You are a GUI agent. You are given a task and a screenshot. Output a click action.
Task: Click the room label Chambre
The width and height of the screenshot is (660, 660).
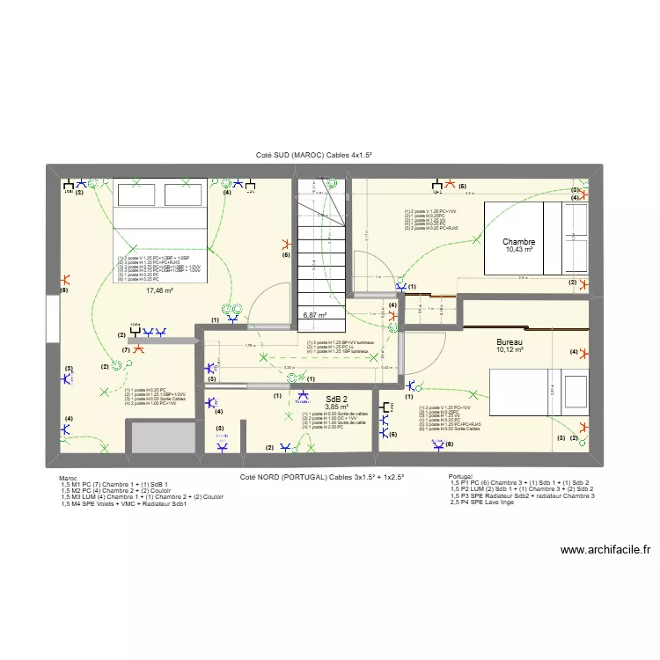click(519, 242)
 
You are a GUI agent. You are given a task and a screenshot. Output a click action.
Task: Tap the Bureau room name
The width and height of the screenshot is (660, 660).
click(510, 341)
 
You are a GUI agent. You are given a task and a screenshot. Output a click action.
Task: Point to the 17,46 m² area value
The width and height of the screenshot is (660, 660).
click(159, 290)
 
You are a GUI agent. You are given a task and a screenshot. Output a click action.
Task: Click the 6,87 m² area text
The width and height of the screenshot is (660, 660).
click(315, 314)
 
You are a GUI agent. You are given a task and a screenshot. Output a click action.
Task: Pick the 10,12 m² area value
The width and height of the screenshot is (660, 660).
click(510, 350)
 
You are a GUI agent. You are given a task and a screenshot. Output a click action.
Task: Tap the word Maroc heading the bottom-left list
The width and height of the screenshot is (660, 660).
click(69, 478)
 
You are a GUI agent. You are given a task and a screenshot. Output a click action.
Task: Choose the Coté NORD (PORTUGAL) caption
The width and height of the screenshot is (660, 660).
click(322, 476)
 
